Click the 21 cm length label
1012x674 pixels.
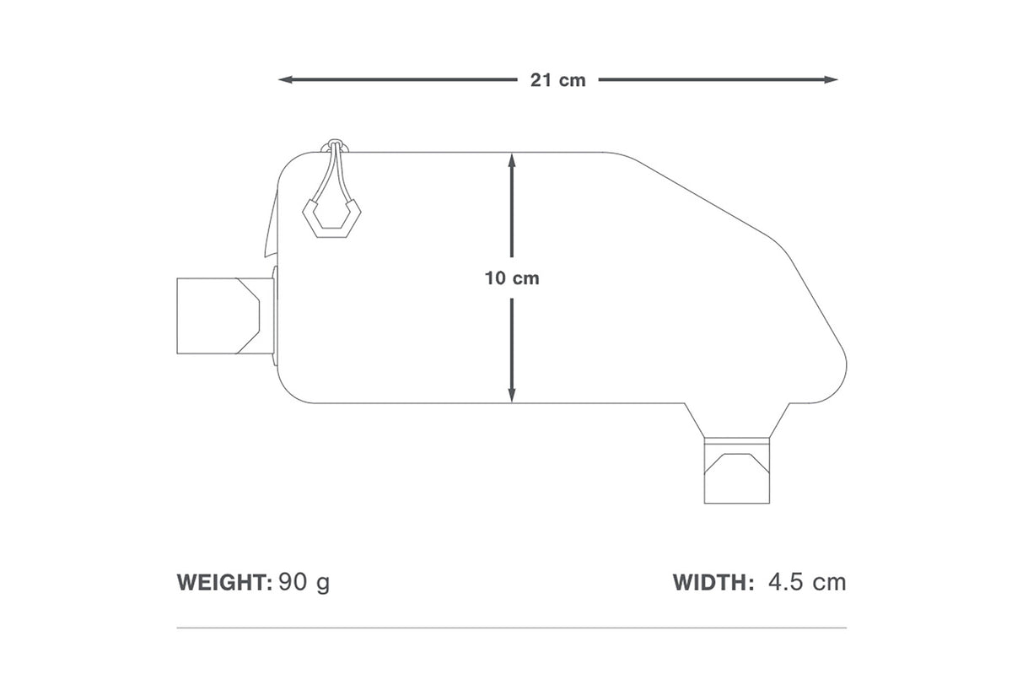558,80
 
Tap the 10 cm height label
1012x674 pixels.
512,278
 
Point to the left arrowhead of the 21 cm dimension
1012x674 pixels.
286,79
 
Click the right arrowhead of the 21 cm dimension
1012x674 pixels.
831,79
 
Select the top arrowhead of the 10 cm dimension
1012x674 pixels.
512,160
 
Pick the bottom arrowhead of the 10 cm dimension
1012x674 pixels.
512,395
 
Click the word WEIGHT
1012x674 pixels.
224,582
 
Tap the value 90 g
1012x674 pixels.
304,583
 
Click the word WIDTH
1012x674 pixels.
713,582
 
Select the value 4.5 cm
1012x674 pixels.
807,582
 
